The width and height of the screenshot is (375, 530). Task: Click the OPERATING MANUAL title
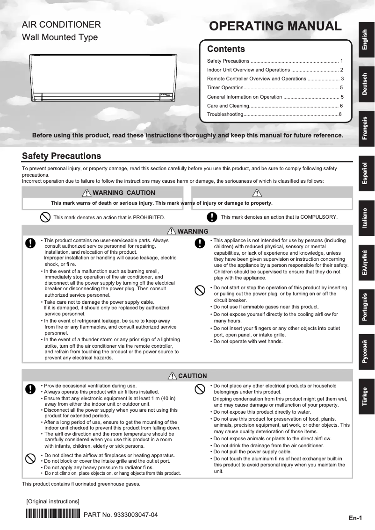pos(275,26)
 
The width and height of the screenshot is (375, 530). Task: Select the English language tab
pos(366,40)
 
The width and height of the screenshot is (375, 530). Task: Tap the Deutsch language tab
pos(366,84)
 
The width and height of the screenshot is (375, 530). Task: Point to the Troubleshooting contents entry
pos(225,115)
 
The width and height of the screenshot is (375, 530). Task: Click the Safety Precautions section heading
pos(62,156)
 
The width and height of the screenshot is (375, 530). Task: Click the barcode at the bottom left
pos(52,515)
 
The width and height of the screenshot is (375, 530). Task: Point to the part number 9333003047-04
pos(120,515)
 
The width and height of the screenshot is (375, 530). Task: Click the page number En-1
pos(355,518)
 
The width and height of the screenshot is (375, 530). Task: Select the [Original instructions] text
pos(53,501)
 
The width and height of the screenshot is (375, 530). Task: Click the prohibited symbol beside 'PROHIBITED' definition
pos(45,217)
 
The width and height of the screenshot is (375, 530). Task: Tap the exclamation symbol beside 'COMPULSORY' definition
pos(212,217)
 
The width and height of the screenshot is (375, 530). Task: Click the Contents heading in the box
pos(226,49)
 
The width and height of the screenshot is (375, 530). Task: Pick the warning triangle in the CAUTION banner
pos(172,376)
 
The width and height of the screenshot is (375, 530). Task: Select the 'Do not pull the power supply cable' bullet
pos(252,452)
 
